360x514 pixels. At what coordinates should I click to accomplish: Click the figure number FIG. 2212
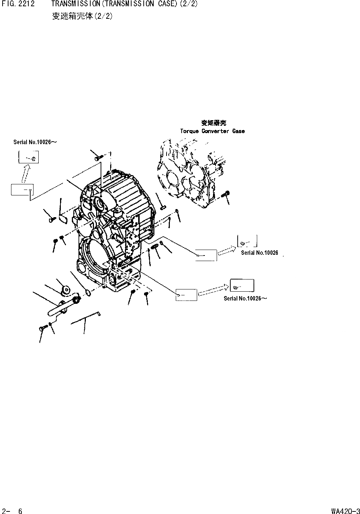(18, 4)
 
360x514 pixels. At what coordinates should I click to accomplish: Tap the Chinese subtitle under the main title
(82, 16)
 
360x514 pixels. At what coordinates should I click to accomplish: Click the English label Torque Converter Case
(212, 131)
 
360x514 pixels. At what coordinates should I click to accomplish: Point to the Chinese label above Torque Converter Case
(214, 123)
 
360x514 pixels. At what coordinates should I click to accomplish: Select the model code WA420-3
(345, 511)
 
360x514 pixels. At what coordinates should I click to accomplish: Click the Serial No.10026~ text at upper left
(35, 142)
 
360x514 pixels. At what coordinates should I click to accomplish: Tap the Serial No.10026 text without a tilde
(259, 253)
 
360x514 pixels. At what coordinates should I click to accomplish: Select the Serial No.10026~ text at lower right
(245, 298)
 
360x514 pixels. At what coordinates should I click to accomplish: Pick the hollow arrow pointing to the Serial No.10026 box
(227, 251)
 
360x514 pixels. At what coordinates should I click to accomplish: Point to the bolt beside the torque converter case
(227, 194)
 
